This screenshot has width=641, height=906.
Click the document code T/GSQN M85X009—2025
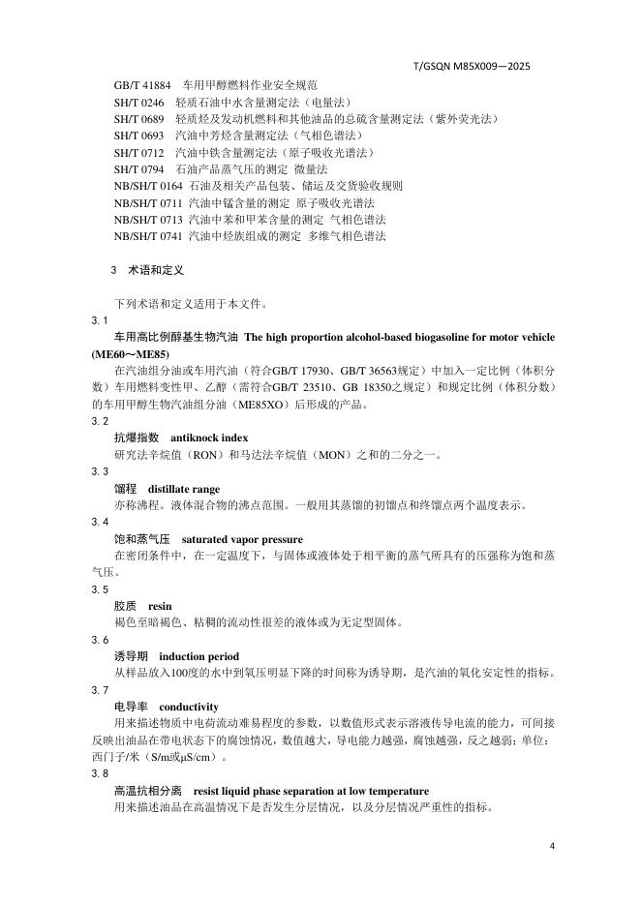pyautogui.click(x=471, y=67)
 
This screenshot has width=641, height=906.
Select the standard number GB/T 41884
pyautogui.click(x=141, y=85)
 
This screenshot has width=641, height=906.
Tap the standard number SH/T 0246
pyautogui.click(x=138, y=102)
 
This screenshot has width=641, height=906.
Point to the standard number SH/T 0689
pyautogui.click(x=138, y=118)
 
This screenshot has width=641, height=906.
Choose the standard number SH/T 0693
pyautogui.click(x=138, y=136)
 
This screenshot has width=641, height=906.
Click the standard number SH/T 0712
pyautogui.click(x=138, y=152)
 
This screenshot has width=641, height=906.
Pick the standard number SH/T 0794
pyautogui.click(x=138, y=168)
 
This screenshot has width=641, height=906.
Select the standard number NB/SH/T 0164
pyautogui.click(x=148, y=185)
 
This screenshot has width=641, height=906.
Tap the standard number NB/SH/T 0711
pyautogui.click(x=148, y=202)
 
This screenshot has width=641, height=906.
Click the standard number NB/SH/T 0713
pyautogui.click(x=148, y=219)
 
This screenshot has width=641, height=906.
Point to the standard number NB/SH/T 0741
pyautogui.click(x=148, y=235)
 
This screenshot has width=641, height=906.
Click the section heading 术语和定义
pyautogui.click(x=156, y=270)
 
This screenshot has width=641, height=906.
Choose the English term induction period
pyautogui.click(x=198, y=656)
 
